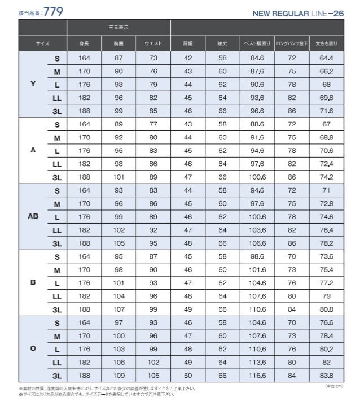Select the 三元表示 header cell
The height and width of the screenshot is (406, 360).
118,27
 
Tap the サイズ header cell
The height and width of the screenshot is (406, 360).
43,43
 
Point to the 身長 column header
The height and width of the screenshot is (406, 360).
84,43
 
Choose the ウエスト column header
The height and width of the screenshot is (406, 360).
153,43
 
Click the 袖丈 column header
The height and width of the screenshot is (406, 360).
222,43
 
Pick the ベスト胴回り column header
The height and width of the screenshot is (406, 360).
257,43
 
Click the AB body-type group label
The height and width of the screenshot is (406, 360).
33,216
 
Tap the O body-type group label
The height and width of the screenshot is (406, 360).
33,348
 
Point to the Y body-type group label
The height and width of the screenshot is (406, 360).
33,84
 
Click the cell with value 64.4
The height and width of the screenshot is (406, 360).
327,58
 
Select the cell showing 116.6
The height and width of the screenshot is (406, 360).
257,375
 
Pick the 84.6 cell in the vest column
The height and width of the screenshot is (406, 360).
257,58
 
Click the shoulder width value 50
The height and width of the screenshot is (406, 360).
188,375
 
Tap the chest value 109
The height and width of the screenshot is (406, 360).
118,375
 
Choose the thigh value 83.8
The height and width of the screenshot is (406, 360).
327,375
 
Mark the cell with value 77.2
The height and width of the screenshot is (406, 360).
327,282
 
